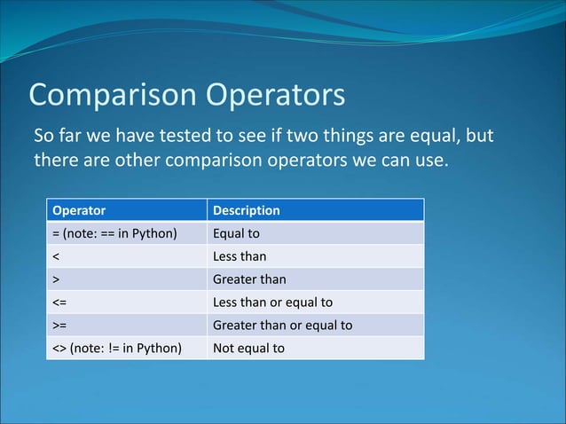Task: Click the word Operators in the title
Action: pyautogui.click(x=276, y=95)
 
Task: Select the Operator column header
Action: pyautogui.click(x=79, y=210)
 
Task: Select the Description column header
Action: pyautogui.click(x=247, y=210)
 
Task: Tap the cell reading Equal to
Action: pyautogui.click(x=236, y=234)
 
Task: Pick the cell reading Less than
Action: pyautogui.click(x=240, y=257)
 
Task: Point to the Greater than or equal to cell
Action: pyautogui.click(x=282, y=325)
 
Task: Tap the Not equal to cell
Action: pyautogui.click(x=248, y=348)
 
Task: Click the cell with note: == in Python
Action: pyautogui.click(x=115, y=234)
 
